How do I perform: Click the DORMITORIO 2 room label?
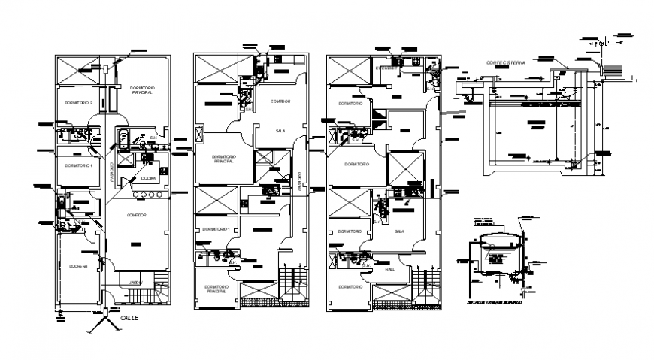pos(78,102)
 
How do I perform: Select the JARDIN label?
pos(135,282)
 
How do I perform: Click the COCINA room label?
pos(148,178)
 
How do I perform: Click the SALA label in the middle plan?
pos(280,130)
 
